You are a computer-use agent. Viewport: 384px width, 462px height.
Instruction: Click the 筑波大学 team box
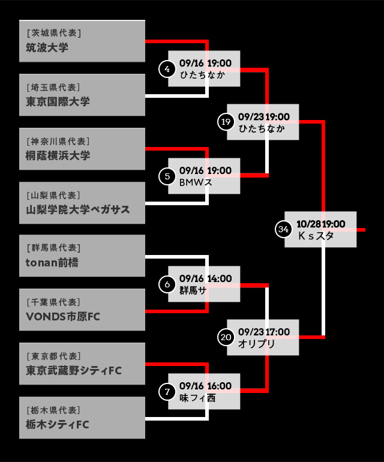click(82, 41)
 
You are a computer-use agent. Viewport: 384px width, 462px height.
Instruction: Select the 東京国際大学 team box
click(82, 95)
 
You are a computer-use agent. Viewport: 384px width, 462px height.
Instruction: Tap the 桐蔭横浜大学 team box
click(82, 149)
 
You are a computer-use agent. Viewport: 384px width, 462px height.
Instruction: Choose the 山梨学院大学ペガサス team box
click(82, 203)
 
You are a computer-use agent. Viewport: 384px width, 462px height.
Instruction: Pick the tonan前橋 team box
click(82, 256)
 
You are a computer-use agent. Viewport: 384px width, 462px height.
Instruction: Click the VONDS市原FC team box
click(82, 310)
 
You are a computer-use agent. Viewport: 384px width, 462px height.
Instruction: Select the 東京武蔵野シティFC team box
click(82, 364)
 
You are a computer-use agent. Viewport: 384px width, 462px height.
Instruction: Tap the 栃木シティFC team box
click(82, 418)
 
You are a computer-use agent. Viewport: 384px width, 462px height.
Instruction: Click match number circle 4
click(167, 69)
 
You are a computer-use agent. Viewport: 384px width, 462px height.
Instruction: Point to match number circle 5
click(167, 176)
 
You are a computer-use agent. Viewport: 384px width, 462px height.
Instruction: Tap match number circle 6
click(167, 284)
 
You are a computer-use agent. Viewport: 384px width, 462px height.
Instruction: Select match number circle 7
click(167, 392)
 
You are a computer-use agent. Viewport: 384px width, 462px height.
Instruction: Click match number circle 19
click(226, 122)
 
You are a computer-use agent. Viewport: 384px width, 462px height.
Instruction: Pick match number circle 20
click(226, 338)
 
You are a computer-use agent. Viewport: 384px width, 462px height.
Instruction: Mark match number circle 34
click(284, 229)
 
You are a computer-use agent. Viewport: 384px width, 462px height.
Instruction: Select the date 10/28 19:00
click(321, 224)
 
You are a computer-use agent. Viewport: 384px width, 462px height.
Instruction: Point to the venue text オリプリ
click(257, 344)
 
